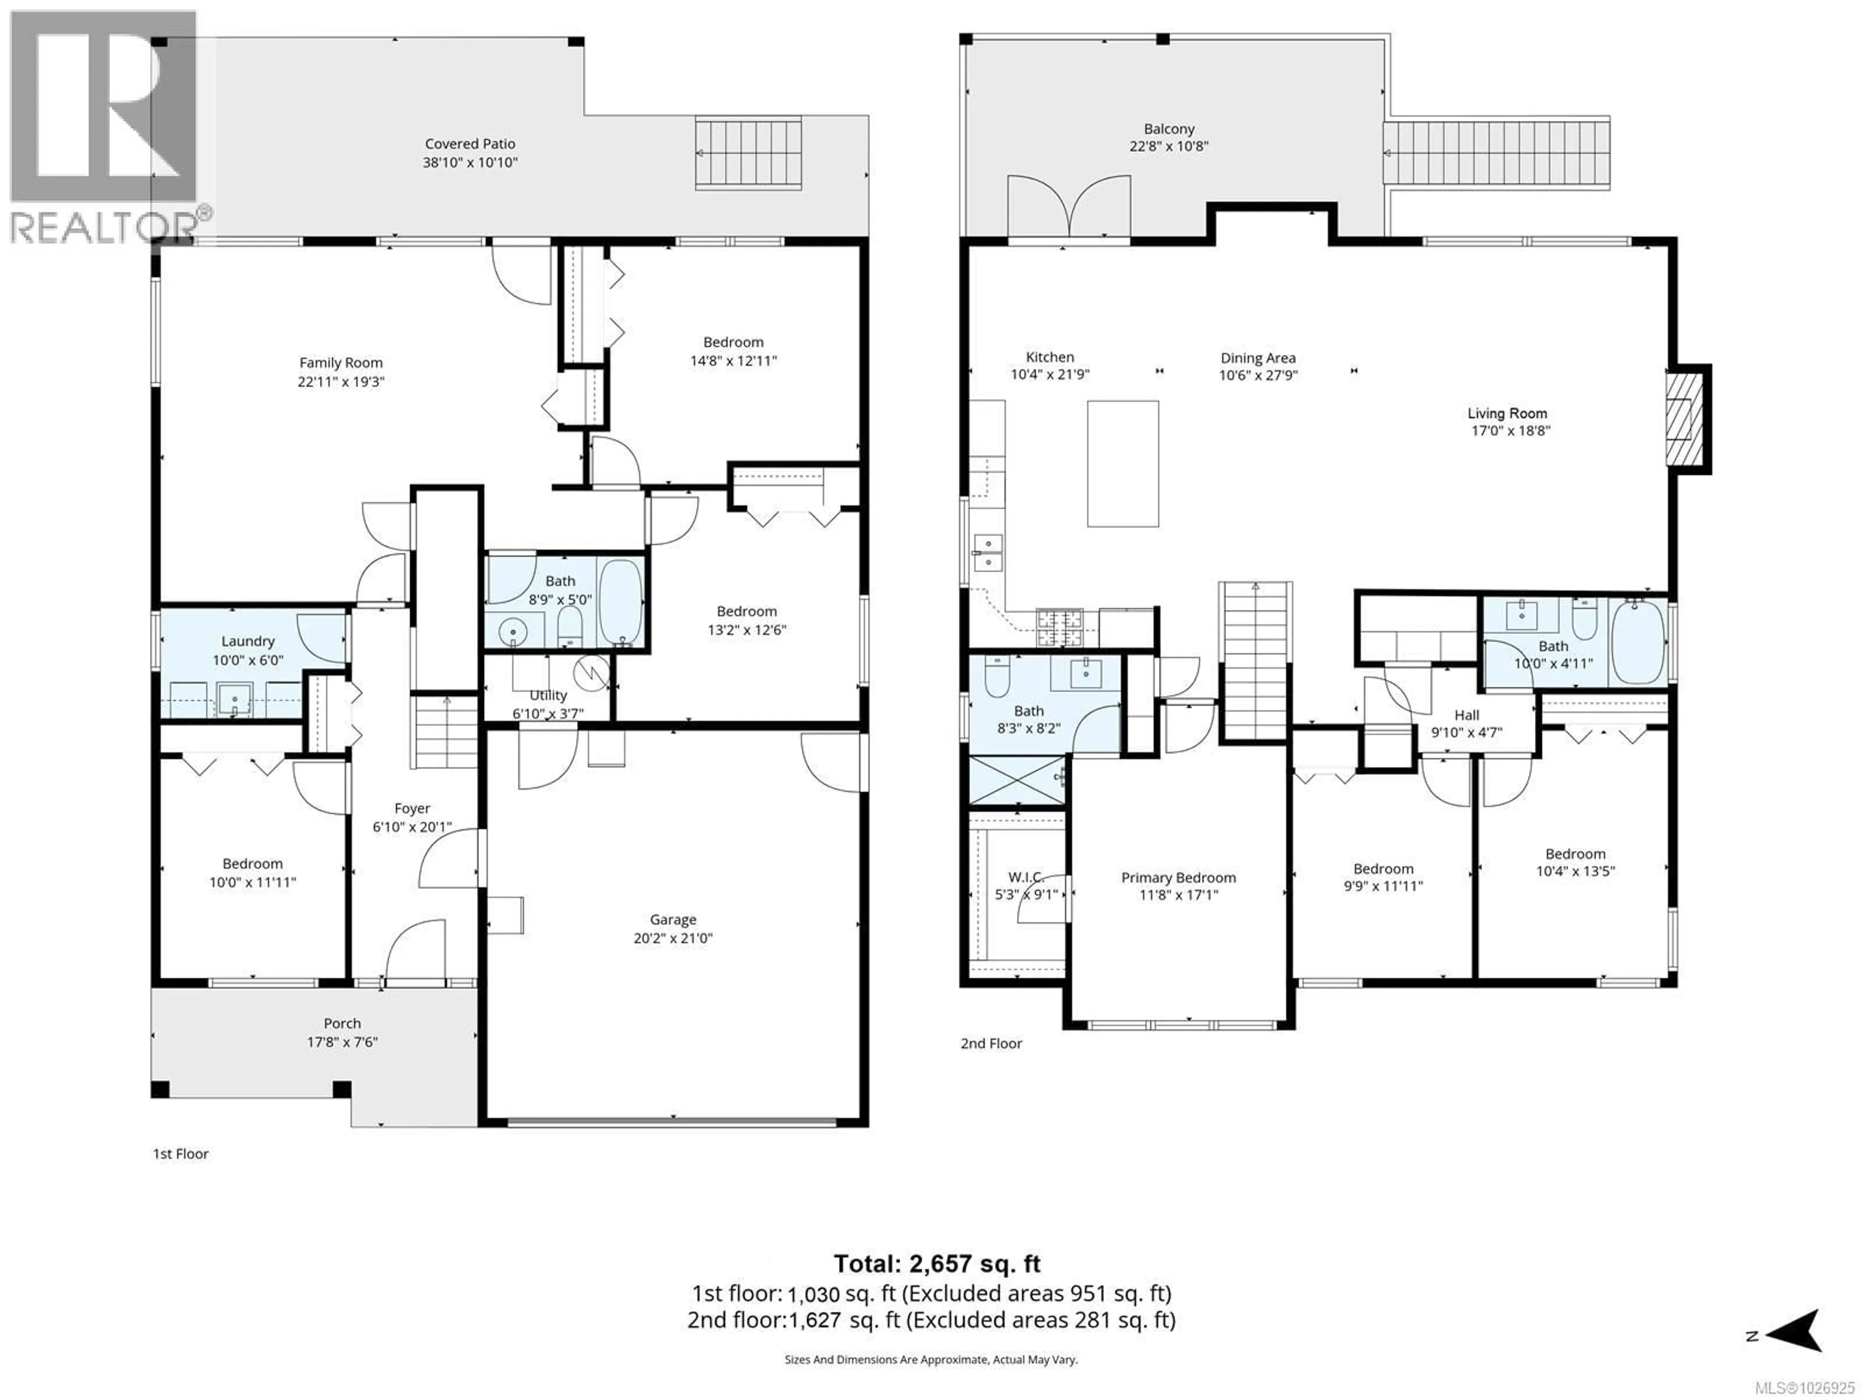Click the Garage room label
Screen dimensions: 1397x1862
point(673,920)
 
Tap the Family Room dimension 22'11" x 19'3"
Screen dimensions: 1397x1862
point(341,381)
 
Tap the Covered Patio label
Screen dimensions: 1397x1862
point(470,144)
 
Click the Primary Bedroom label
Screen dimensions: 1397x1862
point(1178,877)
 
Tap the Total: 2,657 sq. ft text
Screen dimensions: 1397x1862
point(937,1264)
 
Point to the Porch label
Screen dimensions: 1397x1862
point(342,1023)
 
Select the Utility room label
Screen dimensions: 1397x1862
point(548,696)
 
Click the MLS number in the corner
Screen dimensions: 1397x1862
point(1808,1387)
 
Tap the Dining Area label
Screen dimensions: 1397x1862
point(1258,358)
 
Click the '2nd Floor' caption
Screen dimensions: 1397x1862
point(991,1043)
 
